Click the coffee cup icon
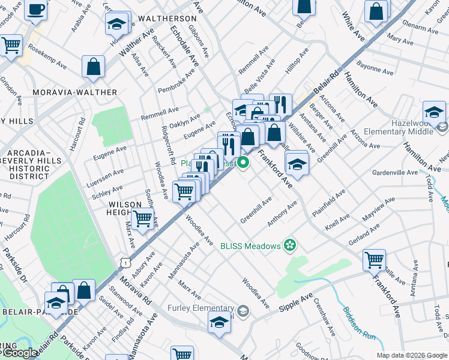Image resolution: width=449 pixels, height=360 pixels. click(x=35, y=10)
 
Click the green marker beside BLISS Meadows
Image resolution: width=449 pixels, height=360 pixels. click(x=291, y=245)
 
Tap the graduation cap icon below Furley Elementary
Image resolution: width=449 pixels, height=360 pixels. click(x=219, y=322)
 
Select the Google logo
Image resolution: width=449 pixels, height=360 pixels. click(x=19, y=353)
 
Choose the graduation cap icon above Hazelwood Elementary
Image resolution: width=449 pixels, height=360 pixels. click(x=433, y=112)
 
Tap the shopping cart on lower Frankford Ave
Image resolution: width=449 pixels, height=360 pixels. click(x=374, y=260)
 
